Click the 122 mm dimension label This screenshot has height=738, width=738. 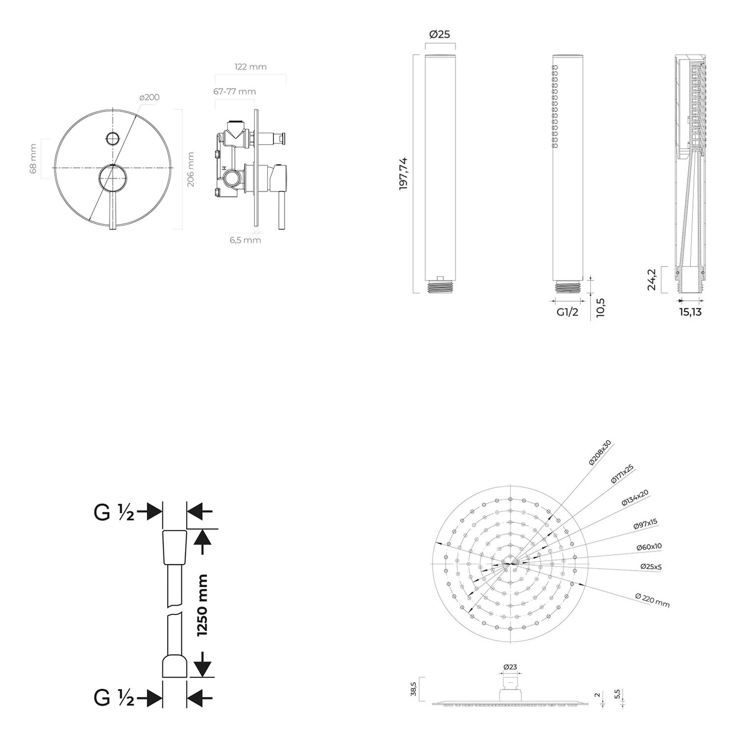tap(251, 66)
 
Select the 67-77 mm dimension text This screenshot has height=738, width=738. tap(235, 92)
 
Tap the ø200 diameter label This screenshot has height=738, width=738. tap(150, 97)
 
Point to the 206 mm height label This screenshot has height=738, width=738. tap(191, 169)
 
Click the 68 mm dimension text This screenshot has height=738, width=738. tap(33, 158)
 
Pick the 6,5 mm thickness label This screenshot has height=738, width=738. tap(245, 240)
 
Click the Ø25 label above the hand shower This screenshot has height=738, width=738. tap(439, 34)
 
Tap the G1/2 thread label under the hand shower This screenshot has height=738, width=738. tap(567, 312)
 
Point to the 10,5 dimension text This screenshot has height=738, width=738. tap(600, 308)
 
